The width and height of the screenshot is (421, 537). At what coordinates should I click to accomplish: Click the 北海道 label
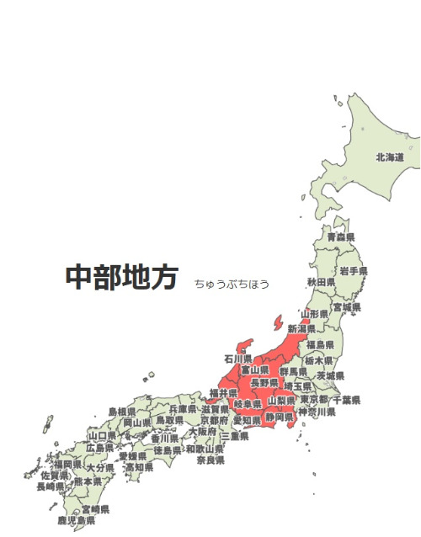click(390, 157)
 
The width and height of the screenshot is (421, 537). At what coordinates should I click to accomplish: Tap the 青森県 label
click(340, 238)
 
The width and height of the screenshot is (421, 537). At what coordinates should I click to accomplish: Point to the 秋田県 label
click(322, 282)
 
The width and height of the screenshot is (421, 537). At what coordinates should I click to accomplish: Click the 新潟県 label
click(301, 328)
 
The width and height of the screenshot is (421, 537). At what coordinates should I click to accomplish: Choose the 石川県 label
click(238, 359)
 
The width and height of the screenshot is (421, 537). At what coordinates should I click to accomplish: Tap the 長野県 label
click(264, 382)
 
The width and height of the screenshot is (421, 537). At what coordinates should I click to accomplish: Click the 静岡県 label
click(279, 417)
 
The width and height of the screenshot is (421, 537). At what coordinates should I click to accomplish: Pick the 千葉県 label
click(346, 400)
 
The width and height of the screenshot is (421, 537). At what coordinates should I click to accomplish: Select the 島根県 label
click(122, 412)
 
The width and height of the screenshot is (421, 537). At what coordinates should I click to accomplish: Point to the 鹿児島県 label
click(76, 521)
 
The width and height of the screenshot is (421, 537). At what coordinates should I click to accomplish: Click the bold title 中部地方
click(122, 278)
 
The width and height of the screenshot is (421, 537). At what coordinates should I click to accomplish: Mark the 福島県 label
click(320, 345)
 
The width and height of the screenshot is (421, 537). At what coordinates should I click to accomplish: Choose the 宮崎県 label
click(95, 509)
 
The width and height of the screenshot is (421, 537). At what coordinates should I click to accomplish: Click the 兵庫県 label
click(183, 409)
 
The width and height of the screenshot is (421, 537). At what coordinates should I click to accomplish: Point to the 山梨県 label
click(281, 401)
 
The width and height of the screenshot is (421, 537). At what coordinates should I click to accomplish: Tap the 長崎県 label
click(51, 486)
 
